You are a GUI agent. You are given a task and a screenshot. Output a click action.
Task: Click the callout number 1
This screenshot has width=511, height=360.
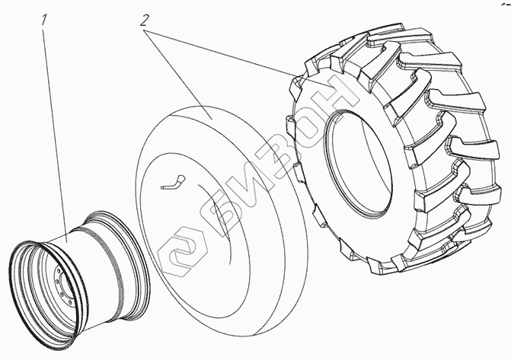coord(45,21)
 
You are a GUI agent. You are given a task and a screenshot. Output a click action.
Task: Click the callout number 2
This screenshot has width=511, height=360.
coord(142,21)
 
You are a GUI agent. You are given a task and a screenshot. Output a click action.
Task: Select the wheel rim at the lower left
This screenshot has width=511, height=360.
coord(76,259)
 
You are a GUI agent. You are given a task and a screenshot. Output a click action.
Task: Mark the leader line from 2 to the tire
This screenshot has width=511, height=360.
coord(228,53)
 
